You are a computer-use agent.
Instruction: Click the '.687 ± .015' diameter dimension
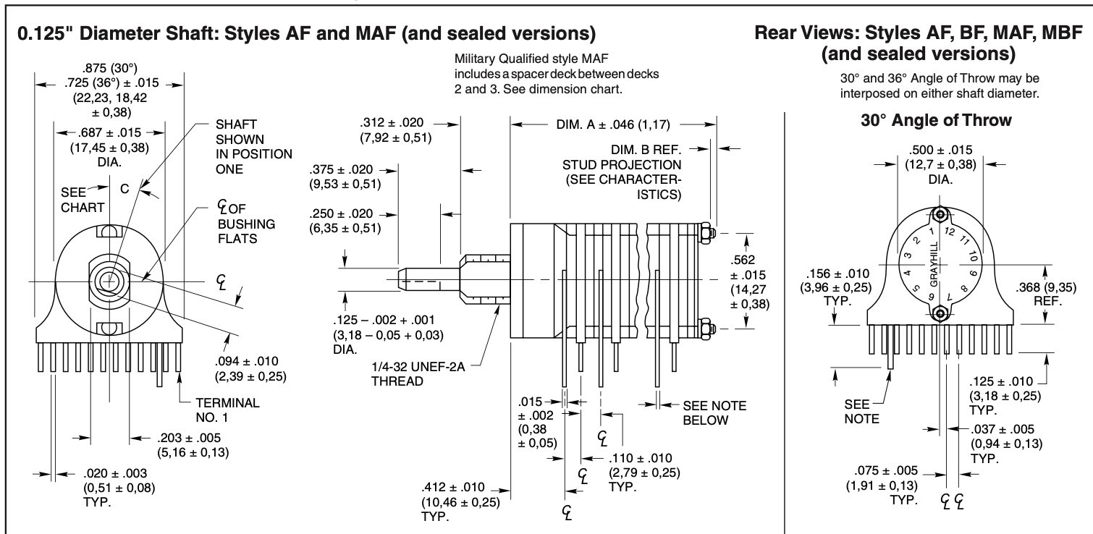coord(109,133)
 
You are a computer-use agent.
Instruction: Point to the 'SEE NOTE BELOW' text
coord(714,413)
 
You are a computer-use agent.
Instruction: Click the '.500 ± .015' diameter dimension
coord(940,151)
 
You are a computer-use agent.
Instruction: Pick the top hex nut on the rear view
coord(940,215)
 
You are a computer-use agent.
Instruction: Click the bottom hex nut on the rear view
coord(940,313)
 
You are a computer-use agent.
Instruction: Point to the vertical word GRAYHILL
coord(933,263)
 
